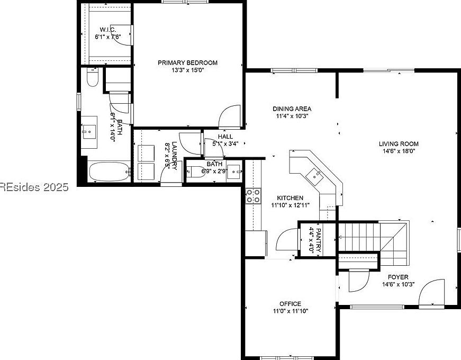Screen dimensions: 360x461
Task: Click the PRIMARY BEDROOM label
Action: coord(187,62)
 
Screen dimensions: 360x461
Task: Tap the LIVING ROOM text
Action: coord(399,143)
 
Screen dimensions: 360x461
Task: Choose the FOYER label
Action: coord(398,277)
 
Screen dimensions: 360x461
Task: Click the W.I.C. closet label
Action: coord(108,30)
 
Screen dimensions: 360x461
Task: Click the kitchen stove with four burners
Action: coord(253,196)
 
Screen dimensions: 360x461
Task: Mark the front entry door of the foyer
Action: coord(432,293)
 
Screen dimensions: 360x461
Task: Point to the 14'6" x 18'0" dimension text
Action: coord(399,151)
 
